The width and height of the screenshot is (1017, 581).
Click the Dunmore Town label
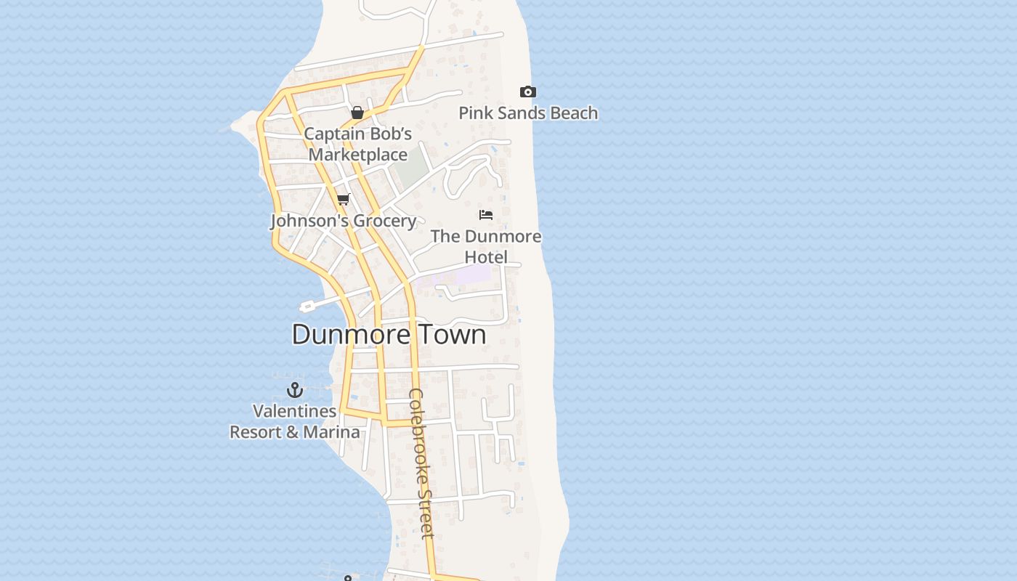389,334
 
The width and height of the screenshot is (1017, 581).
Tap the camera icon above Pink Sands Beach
528,92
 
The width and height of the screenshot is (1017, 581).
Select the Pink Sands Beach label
528,113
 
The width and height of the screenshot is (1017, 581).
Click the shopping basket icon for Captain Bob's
357,113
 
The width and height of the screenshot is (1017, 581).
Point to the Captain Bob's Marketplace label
357,144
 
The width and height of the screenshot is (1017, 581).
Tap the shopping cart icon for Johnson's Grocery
344,199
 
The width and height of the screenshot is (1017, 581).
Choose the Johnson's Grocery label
344,221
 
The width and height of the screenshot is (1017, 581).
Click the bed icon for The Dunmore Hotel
486,214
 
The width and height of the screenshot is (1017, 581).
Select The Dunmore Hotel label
486,246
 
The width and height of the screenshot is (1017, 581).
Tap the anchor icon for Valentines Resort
294,390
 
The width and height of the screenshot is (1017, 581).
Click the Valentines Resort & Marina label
294,421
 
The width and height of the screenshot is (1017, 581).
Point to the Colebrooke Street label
421,463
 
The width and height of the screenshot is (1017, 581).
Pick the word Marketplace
357,155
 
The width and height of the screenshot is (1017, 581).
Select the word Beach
573,113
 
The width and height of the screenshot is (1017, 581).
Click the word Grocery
386,221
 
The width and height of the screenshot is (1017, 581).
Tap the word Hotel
486,257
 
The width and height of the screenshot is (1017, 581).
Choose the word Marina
331,432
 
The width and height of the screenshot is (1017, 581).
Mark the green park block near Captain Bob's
410,166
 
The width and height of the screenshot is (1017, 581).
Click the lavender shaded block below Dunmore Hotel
472,275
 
